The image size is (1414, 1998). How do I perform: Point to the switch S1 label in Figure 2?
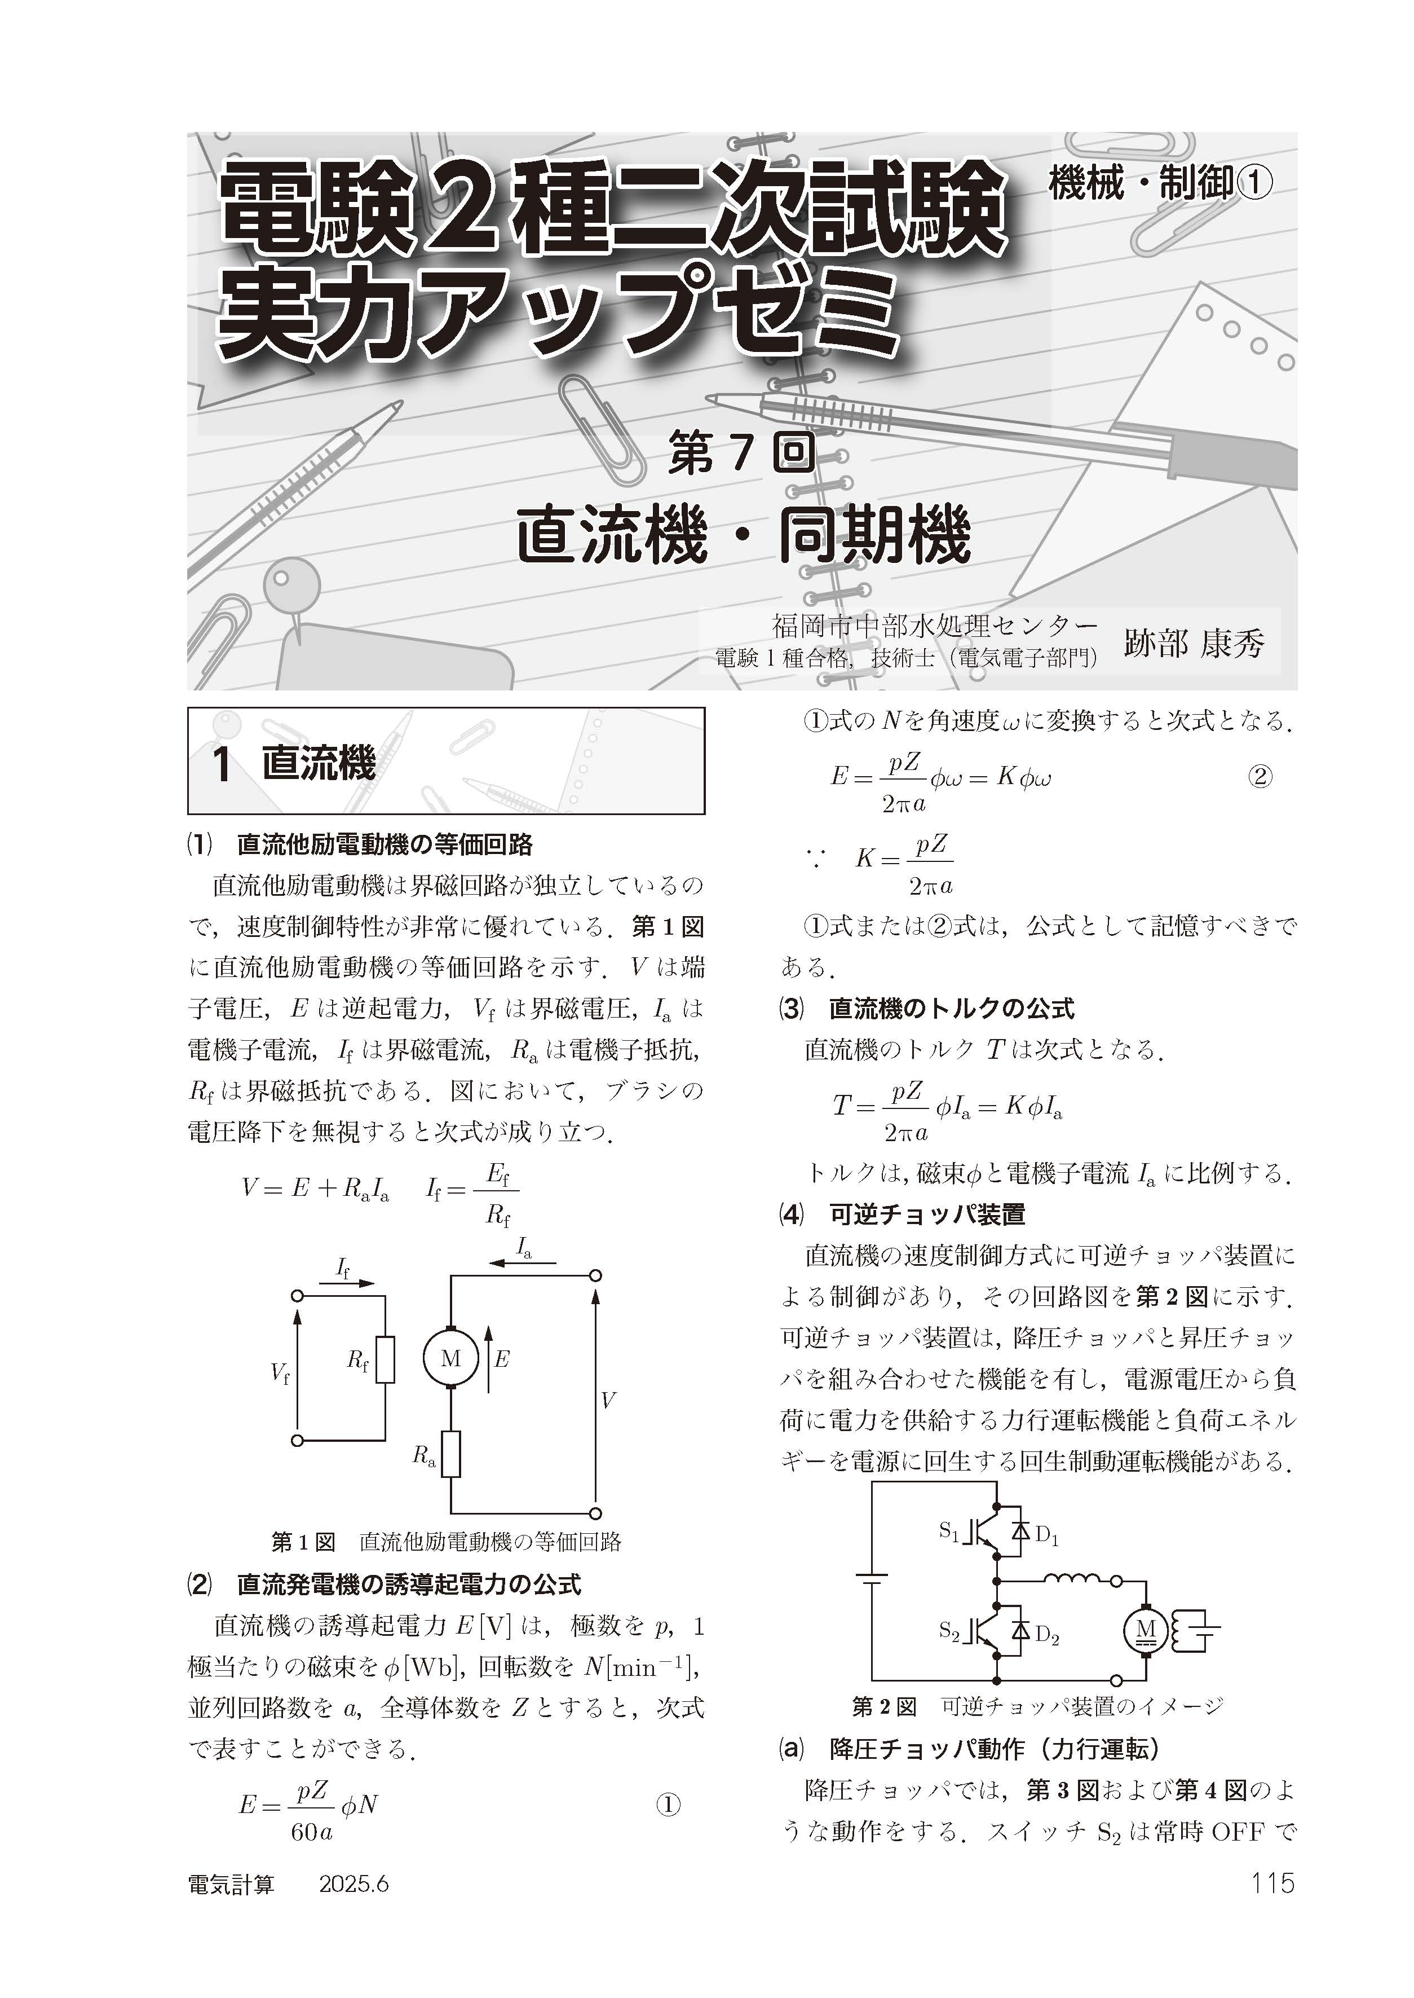click(x=948, y=1529)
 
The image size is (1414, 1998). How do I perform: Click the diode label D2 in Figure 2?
click(x=1046, y=1636)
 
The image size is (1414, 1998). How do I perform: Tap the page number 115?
click(x=1272, y=1883)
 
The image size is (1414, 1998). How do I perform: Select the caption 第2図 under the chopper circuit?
click(x=884, y=1706)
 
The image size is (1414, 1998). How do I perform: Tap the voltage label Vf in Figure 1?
click(x=280, y=1374)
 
